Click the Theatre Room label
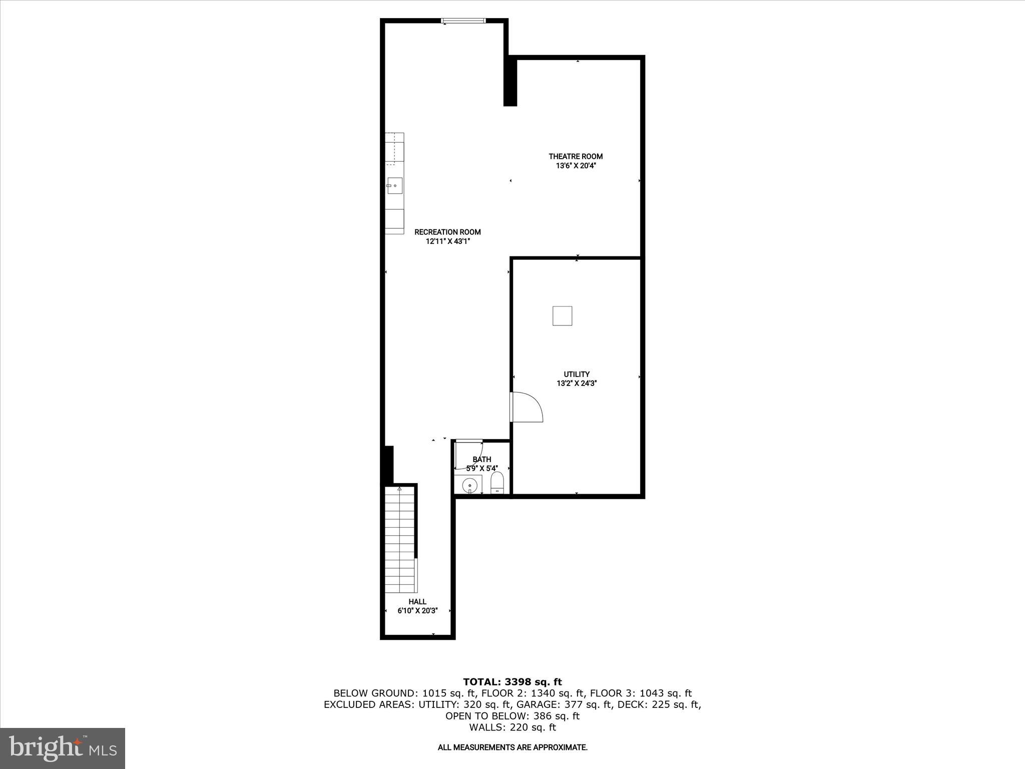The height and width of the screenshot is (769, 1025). [x=576, y=156]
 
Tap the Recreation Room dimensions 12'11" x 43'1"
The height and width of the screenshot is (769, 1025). [x=447, y=241]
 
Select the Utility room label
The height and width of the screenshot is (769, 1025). [x=577, y=374]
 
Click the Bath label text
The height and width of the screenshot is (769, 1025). [x=481, y=459]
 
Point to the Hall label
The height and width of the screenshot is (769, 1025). [x=417, y=601]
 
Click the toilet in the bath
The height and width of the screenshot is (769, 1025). [x=496, y=483]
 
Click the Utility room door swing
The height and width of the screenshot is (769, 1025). [x=527, y=407]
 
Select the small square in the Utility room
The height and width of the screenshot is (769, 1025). [x=562, y=316]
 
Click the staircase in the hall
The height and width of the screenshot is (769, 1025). [x=400, y=541]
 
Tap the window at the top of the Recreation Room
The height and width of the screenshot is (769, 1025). [x=463, y=21]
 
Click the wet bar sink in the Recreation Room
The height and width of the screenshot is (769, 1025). [x=394, y=186]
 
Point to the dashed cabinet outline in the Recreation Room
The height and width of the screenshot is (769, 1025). [x=394, y=148]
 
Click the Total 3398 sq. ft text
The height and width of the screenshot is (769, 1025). [x=512, y=681]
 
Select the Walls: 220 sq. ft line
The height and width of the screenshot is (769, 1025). [x=512, y=727]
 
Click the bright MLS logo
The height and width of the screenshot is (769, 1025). [x=63, y=748]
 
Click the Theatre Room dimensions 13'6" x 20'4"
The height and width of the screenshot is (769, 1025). [x=576, y=166]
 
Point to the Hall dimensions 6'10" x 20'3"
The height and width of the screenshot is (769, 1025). [x=417, y=611]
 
